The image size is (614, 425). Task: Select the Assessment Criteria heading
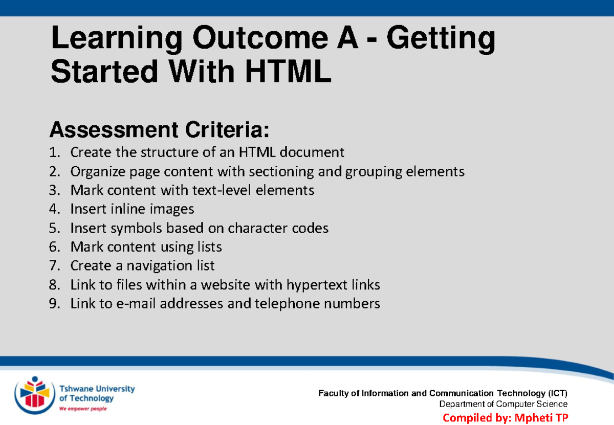159,130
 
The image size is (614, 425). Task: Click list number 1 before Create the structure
54,152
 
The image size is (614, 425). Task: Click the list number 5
54,228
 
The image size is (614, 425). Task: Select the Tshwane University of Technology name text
97,393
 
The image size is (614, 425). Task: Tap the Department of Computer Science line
503,405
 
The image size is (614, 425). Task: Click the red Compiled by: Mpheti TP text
505,417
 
